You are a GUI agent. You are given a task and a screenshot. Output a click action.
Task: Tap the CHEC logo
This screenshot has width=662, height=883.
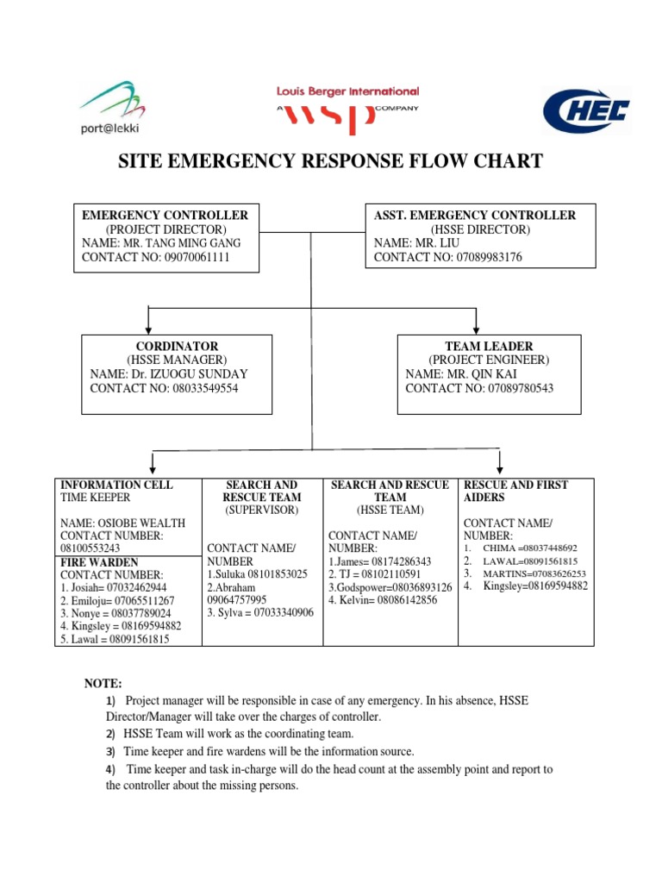point(586,111)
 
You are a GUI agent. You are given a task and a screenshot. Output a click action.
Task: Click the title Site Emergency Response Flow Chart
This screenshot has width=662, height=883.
point(330,160)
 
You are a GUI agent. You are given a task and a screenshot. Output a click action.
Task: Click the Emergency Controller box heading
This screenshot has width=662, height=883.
point(165,215)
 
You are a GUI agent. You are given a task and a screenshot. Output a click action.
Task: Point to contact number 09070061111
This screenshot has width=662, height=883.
point(197,257)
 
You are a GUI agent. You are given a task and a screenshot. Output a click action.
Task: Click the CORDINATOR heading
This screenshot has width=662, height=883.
point(176,346)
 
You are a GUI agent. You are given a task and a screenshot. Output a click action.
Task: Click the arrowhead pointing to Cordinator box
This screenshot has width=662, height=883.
point(150,328)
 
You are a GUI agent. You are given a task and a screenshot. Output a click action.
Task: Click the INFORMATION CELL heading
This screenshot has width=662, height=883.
point(116,485)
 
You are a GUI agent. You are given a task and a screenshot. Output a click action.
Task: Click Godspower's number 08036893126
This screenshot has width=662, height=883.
point(416,586)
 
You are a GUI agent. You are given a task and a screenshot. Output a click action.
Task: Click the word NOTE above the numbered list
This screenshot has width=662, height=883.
point(103,683)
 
